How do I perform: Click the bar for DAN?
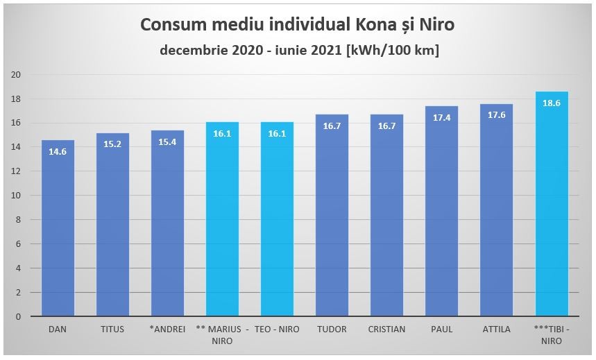click(58, 229)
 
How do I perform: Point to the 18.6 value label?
click(552, 103)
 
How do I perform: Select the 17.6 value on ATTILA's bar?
click(497, 115)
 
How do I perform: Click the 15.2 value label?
click(112, 144)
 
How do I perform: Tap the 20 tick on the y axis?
click(15, 75)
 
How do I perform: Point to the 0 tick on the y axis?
click(17, 317)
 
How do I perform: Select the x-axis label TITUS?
click(112, 329)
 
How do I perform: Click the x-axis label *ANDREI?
click(167, 329)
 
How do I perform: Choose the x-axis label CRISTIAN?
click(387, 329)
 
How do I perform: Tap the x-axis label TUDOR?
click(332, 329)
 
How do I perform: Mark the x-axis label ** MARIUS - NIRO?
click(222, 334)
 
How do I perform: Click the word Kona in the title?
click(374, 26)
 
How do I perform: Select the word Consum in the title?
click(171, 26)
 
